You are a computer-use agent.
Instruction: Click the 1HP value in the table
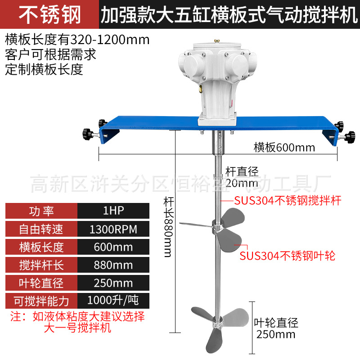point(113,211)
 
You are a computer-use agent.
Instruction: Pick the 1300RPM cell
point(113,229)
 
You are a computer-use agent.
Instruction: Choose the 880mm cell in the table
point(113,265)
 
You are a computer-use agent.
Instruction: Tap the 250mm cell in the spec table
point(113,283)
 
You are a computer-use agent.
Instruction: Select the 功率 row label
point(41,211)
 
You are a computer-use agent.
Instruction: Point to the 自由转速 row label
point(41,229)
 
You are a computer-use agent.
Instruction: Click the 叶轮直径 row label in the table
point(41,283)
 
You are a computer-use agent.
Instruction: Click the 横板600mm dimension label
point(284,148)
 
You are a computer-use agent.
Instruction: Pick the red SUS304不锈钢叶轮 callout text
point(288,256)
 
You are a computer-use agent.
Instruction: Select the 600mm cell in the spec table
point(113,247)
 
